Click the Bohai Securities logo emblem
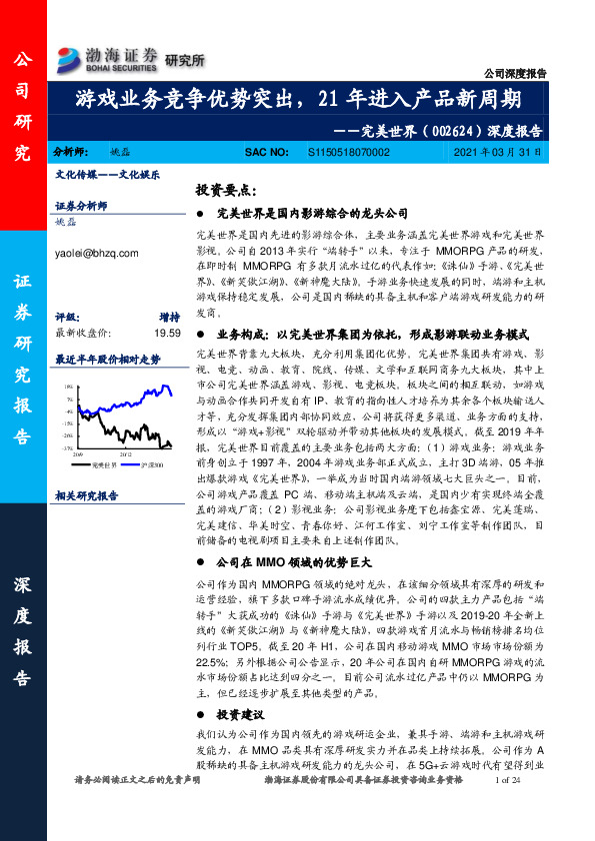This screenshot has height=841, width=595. tap(71, 56)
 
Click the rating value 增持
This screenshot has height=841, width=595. tap(169, 318)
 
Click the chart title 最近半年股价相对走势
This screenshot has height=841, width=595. tap(107, 359)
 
